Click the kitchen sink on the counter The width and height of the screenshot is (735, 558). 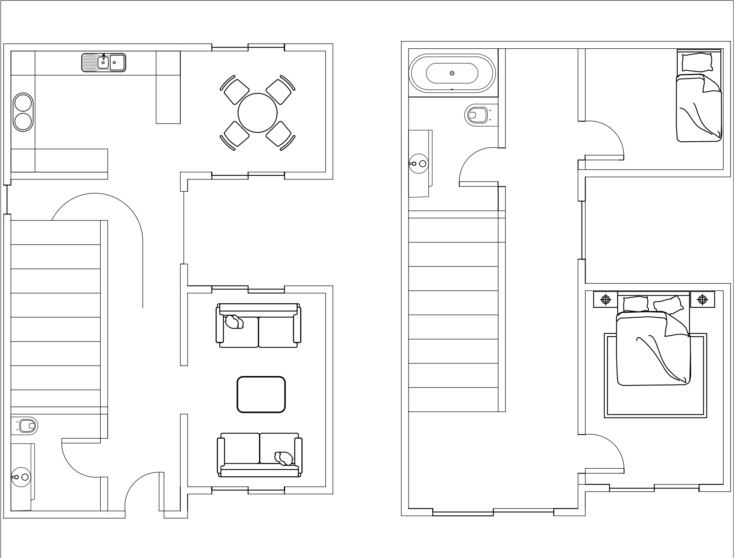tap(104, 63)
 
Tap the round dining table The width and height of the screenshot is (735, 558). tap(258, 112)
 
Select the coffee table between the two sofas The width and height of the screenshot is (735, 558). tap(261, 394)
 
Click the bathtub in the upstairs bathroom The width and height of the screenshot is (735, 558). tap(452, 74)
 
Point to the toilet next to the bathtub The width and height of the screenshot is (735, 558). tap(476, 115)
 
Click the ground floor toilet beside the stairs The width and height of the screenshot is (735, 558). tap(28, 426)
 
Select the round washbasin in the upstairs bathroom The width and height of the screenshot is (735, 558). tap(419, 164)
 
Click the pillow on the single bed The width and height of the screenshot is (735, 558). tap(697, 62)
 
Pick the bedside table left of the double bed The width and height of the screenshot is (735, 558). tap(605, 300)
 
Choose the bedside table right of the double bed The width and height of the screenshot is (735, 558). tap(702, 300)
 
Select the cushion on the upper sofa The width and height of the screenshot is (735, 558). tap(234, 322)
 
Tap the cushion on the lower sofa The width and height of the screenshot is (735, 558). tap(284, 458)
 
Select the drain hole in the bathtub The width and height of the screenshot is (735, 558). tap(452, 74)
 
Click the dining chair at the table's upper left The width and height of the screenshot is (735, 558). tap(236, 91)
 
